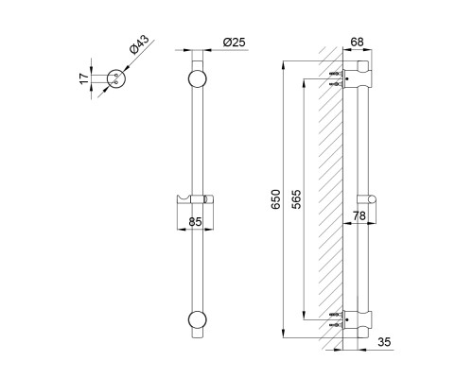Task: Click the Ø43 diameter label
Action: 139,44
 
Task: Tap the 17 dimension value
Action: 84,78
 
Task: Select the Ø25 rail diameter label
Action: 235,43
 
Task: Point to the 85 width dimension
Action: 195,222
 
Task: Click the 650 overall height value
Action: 276,199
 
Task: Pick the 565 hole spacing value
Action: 296,199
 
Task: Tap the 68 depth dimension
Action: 357,42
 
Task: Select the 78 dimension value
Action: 359,215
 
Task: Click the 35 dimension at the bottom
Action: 384,342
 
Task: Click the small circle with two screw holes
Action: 116,78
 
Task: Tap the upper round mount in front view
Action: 198,78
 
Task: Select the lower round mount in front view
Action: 198,320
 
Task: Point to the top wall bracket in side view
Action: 358,75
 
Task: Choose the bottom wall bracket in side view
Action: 358,322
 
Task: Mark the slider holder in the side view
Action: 367,200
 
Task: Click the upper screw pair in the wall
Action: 336,78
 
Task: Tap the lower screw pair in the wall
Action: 336,319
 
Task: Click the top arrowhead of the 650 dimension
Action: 284,64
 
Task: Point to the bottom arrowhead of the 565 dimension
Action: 304,316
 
